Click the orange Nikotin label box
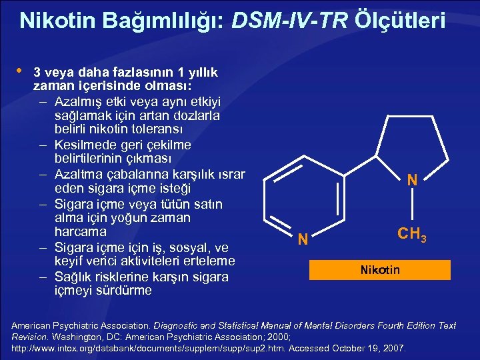click(380, 270)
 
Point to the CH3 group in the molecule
click(411, 235)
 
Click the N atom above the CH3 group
click(412, 180)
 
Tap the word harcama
click(80, 232)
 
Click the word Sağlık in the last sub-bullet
click(75, 276)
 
